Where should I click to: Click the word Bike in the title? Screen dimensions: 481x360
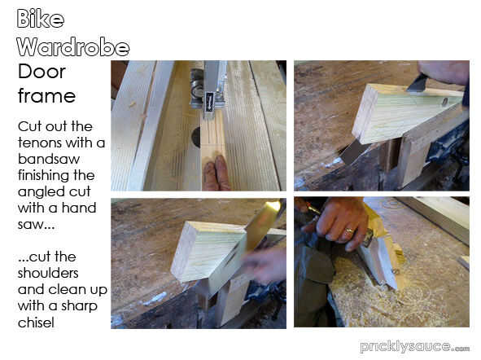click(x=41, y=19)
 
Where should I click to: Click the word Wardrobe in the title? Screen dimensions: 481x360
click(x=73, y=47)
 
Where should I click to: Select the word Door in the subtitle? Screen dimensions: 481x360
click(x=42, y=72)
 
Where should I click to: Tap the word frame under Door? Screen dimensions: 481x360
click(x=46, y=96)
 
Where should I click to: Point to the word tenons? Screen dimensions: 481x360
click(x=40, y=143)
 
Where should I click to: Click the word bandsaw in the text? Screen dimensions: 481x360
click(x=49, y=159)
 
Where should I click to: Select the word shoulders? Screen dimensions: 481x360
click(x=48, y=273)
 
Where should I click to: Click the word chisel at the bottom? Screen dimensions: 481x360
click(x=36, y=323)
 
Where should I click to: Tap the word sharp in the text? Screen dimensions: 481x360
click(x=79, y=306)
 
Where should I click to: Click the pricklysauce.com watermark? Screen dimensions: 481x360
click(x=415, y=347)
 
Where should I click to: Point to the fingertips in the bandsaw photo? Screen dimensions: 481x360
click(x=216, y=173)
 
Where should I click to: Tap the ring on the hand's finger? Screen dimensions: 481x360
click(x=350, y=230)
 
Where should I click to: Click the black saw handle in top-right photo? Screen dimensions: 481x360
click(x=418, y=82)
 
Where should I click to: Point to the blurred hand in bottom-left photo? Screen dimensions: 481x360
click(x=263, y=265)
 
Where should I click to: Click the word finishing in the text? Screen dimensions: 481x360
click(x=56, y=176)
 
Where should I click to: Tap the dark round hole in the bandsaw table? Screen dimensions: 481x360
click(x=196, y=137)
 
